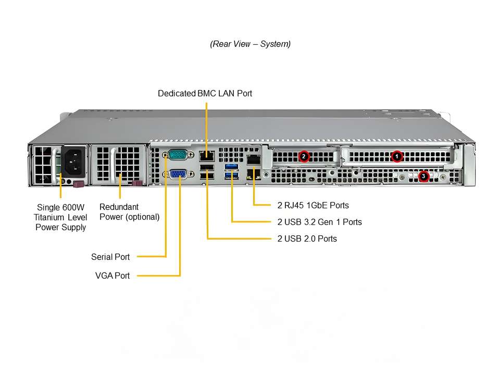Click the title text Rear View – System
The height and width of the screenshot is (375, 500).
[250, 44]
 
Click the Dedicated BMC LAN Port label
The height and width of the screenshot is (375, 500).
[205, 94]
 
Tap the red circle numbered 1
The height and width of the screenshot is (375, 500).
[397, 156]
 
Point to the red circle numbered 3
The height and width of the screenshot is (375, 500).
[423, 177]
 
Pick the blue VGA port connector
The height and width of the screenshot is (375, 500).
[178, 174]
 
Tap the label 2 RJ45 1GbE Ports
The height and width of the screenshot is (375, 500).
[313, 205]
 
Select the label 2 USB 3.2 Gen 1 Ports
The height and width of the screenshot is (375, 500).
[319, 222]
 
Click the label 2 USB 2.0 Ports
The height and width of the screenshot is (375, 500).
[307, 239]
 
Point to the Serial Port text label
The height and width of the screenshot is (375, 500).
[110, 257]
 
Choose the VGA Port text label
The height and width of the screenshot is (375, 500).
[113, 276]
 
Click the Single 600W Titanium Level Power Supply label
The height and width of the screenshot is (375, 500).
[60, 217]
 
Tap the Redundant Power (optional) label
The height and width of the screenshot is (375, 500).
[129, 212]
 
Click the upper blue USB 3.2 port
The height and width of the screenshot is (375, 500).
[232, 167]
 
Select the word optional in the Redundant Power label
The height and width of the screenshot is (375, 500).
[142, 217]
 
